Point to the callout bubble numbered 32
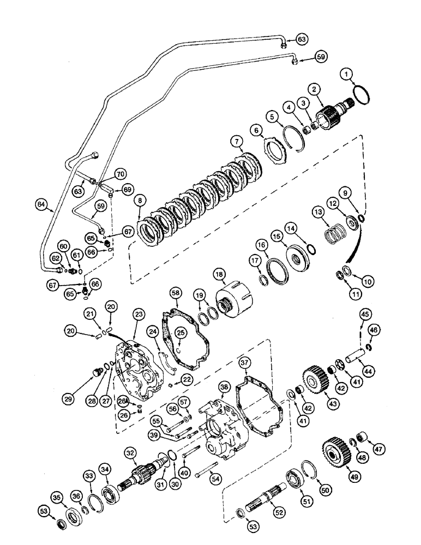tap(130, 453)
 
